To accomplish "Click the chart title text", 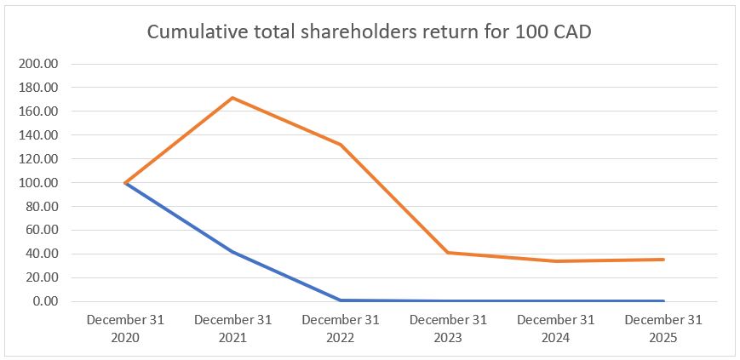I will (x=370, y=31).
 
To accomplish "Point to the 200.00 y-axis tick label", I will (x=39, y=64).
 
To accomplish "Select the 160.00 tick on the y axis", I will (x=39, y=111).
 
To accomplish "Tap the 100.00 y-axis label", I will (x=39, y=183).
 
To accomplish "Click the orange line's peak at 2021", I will (x=232, y=98).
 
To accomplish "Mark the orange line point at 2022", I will (x=340, y=145).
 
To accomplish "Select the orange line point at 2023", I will (x=448, y=253).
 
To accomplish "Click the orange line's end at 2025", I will (x=663, y=260).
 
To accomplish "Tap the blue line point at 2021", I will (x=232, y=252).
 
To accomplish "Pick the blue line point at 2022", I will (x=340, y=300).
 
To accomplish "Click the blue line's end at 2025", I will (x=663, y=300).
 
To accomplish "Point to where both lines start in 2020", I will (x=125, y=183).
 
